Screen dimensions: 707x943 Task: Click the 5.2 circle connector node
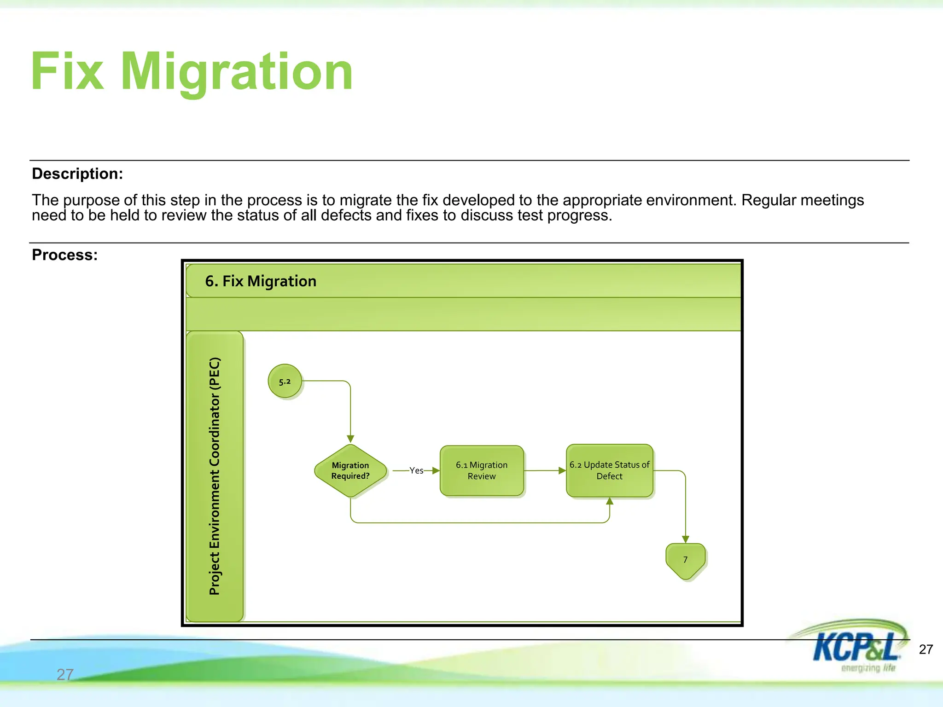[285, 381]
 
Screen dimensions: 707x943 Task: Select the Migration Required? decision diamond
[350, 470]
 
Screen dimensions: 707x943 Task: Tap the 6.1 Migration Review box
[482, 470]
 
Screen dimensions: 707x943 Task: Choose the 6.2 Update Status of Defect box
[609, 470]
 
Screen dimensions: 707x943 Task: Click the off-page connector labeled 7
[685, 560]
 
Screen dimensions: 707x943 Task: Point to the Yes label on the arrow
[416, 470]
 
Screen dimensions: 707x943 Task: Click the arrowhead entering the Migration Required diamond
[350, 439]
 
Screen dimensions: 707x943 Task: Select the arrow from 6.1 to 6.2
[545, 470]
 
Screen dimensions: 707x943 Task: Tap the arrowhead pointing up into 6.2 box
[610, 501]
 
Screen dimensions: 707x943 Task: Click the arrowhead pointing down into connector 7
[686, 539]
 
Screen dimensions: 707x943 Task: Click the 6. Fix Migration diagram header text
[261, 281]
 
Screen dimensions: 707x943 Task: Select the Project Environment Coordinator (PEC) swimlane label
[215, 476]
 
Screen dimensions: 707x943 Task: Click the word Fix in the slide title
[67, 72]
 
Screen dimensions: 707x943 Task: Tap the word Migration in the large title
[236, 72]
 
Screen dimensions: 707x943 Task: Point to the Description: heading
[77, 174]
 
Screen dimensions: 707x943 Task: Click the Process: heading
[65, 255]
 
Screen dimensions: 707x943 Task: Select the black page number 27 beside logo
[926, 649]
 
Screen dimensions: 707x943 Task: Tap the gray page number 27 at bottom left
[65, 674]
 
